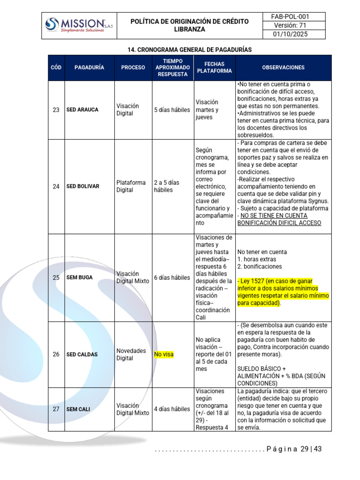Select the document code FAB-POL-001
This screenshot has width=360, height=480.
[290, 17]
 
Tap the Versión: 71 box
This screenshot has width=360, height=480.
[290, 25]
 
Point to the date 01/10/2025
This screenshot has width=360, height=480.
[290, 34]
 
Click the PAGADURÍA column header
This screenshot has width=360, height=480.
[89, 67]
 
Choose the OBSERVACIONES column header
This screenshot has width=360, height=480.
[283, 67]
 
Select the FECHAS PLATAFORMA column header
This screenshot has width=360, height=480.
[214, 67]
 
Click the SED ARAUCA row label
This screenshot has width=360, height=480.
[82, 110]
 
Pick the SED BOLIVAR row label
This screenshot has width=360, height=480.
[83, 186]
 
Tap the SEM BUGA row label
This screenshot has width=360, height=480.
[80, 277]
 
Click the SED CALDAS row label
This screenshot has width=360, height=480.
[82, 354]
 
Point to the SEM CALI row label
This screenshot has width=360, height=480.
[78, 409]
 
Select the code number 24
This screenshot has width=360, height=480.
[56, 186]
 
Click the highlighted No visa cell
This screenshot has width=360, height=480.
[164, 354]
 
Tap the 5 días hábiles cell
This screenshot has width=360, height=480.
[172, 110]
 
